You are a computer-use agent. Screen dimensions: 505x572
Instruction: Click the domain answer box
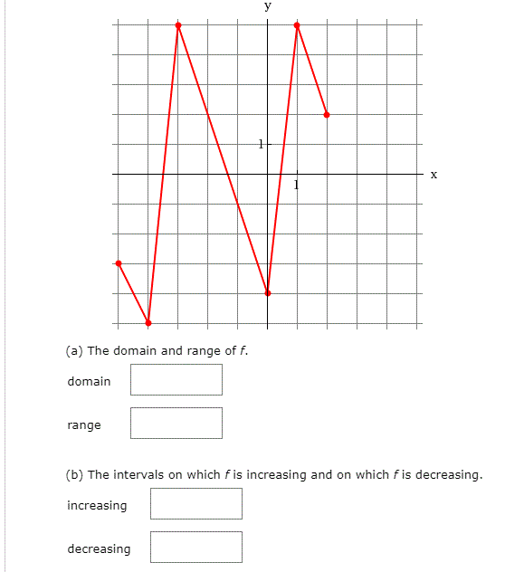176,380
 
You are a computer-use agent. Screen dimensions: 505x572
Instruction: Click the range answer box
176,423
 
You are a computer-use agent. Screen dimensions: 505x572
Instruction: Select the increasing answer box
195,504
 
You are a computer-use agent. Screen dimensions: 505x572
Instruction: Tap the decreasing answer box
195,547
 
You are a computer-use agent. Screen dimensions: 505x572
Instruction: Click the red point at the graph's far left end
119,262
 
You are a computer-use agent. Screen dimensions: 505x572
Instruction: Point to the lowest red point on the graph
148,323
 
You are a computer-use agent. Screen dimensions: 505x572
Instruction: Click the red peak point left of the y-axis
178,25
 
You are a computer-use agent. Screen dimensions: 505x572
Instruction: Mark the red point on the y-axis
268,292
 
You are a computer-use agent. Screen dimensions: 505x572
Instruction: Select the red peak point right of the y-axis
297,25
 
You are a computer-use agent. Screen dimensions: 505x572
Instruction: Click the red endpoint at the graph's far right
327,115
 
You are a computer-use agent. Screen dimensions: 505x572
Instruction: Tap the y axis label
267,5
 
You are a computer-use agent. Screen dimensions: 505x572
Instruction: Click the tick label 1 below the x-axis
296,186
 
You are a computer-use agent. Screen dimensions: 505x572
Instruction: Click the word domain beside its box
89,381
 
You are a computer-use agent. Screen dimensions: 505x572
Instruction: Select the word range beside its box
84,424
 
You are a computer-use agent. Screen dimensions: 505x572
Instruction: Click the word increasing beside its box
97,505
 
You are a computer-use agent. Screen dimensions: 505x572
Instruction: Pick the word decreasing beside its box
99,548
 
